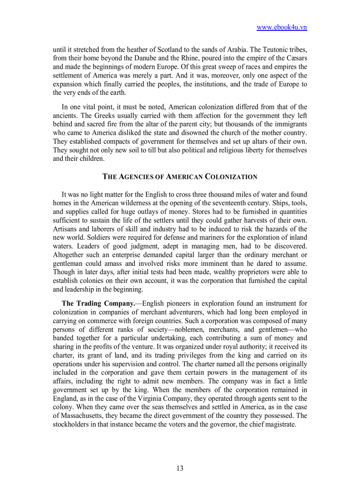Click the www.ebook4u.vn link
(281, 27)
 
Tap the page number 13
(180, 468)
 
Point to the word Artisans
(65, 229)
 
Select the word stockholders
(72, 424)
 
